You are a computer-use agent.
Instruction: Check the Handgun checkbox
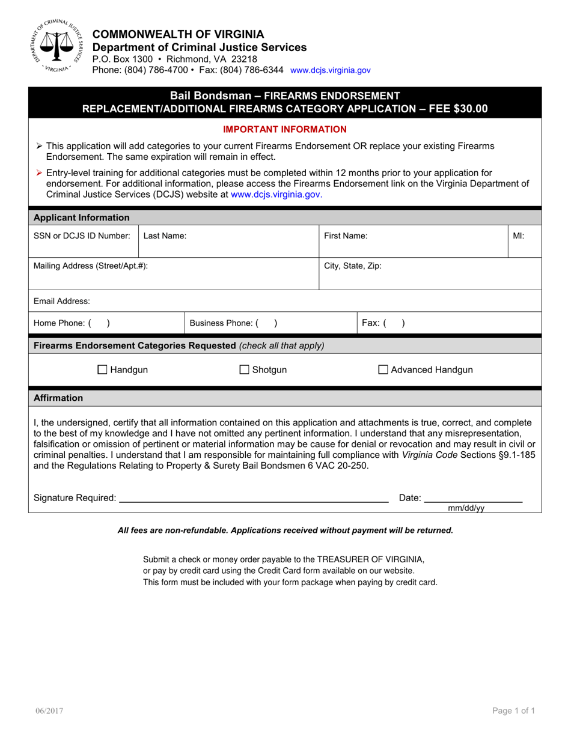102,370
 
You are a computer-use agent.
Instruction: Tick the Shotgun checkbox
245,370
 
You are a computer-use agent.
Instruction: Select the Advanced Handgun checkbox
383,370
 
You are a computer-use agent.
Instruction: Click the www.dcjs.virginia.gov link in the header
330,70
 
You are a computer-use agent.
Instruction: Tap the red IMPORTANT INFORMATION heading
285,129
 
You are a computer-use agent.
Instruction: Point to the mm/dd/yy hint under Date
466,508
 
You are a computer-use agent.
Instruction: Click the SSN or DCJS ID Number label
82,236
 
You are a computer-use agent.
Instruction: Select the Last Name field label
165,236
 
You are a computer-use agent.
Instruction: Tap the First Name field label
346,236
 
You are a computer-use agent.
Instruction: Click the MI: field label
518,236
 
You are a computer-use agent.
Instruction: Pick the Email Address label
62,301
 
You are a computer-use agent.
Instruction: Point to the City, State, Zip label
353,265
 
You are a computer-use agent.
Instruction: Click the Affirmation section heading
59,398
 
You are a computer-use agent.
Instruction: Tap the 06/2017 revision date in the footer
49,711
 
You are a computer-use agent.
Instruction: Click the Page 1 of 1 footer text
513,711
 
